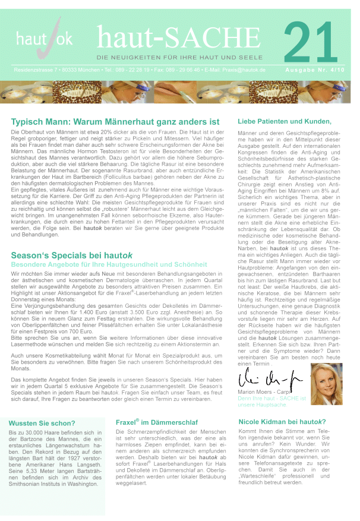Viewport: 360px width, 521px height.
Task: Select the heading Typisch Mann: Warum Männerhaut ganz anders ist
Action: point(115,122)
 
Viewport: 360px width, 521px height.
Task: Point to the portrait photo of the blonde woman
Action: point(327,384)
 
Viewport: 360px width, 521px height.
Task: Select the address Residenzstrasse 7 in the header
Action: point(37,70)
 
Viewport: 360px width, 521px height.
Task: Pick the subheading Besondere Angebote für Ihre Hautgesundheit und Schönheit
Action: point(109,264)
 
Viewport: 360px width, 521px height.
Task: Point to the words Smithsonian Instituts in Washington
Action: point(54,484)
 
